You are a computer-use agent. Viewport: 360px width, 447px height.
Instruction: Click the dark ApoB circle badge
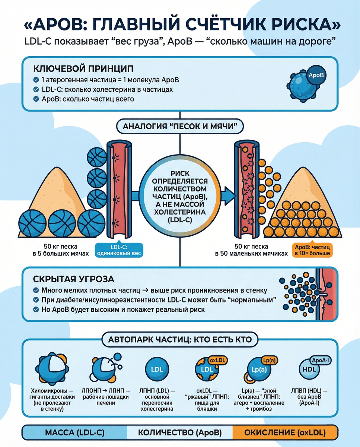tap(316, 75)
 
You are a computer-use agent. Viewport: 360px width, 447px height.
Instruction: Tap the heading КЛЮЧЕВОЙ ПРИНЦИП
tap(83, 69)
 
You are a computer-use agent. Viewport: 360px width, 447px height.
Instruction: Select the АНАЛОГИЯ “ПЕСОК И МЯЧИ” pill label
tap(180, 126)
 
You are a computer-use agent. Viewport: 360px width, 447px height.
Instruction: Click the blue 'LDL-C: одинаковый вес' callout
tap(119, 250)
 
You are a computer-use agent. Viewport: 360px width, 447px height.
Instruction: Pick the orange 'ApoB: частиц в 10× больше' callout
tap(312, 250)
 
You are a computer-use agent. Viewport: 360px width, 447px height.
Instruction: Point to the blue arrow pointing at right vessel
tap(228, 196)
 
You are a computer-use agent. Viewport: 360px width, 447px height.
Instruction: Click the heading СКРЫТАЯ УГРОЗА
tap(73, 279)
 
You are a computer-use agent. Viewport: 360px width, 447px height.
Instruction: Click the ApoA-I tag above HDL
tap(320, 360)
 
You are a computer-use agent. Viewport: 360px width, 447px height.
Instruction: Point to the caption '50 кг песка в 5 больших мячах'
tap(61, 250)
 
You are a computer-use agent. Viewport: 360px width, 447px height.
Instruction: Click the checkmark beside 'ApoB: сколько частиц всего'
tap(36, 99)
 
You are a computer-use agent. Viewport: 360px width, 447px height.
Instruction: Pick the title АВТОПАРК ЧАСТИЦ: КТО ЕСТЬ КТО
tap(180, 340)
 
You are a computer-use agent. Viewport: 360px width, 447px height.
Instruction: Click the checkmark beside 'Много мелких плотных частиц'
tap(36, 290)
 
